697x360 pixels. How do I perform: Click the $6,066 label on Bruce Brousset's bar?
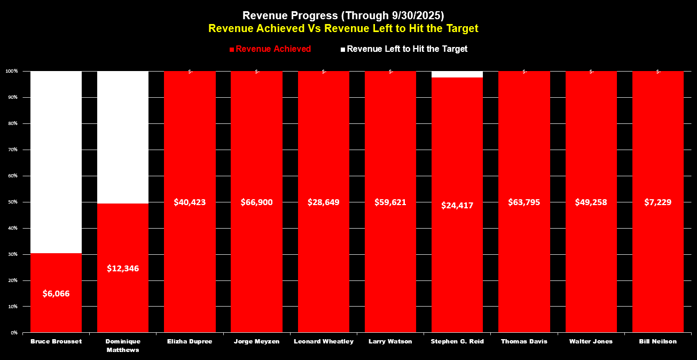[x=56, y=294]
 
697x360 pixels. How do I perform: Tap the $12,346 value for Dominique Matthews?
[x=123, y=268]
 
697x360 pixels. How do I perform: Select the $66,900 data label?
[x=256, y=202]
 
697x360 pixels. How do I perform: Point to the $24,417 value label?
[x=457, y=205]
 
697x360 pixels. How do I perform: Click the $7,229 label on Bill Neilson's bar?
[x=657, y=202]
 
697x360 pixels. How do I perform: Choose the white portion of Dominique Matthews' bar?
[x=123, y=137]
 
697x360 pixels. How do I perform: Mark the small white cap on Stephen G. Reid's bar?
[x=457, y=74]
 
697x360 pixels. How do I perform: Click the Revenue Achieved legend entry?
[x=270, y=49]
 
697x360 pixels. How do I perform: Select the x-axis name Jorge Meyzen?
[x=256, y=341]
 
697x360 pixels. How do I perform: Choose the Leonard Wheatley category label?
[x=324, y=341]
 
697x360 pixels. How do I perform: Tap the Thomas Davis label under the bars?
[x=524, y=341]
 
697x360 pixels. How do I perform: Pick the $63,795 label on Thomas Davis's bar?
[x=524, y=202]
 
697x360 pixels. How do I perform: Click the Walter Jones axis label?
[x=591, y=341]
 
